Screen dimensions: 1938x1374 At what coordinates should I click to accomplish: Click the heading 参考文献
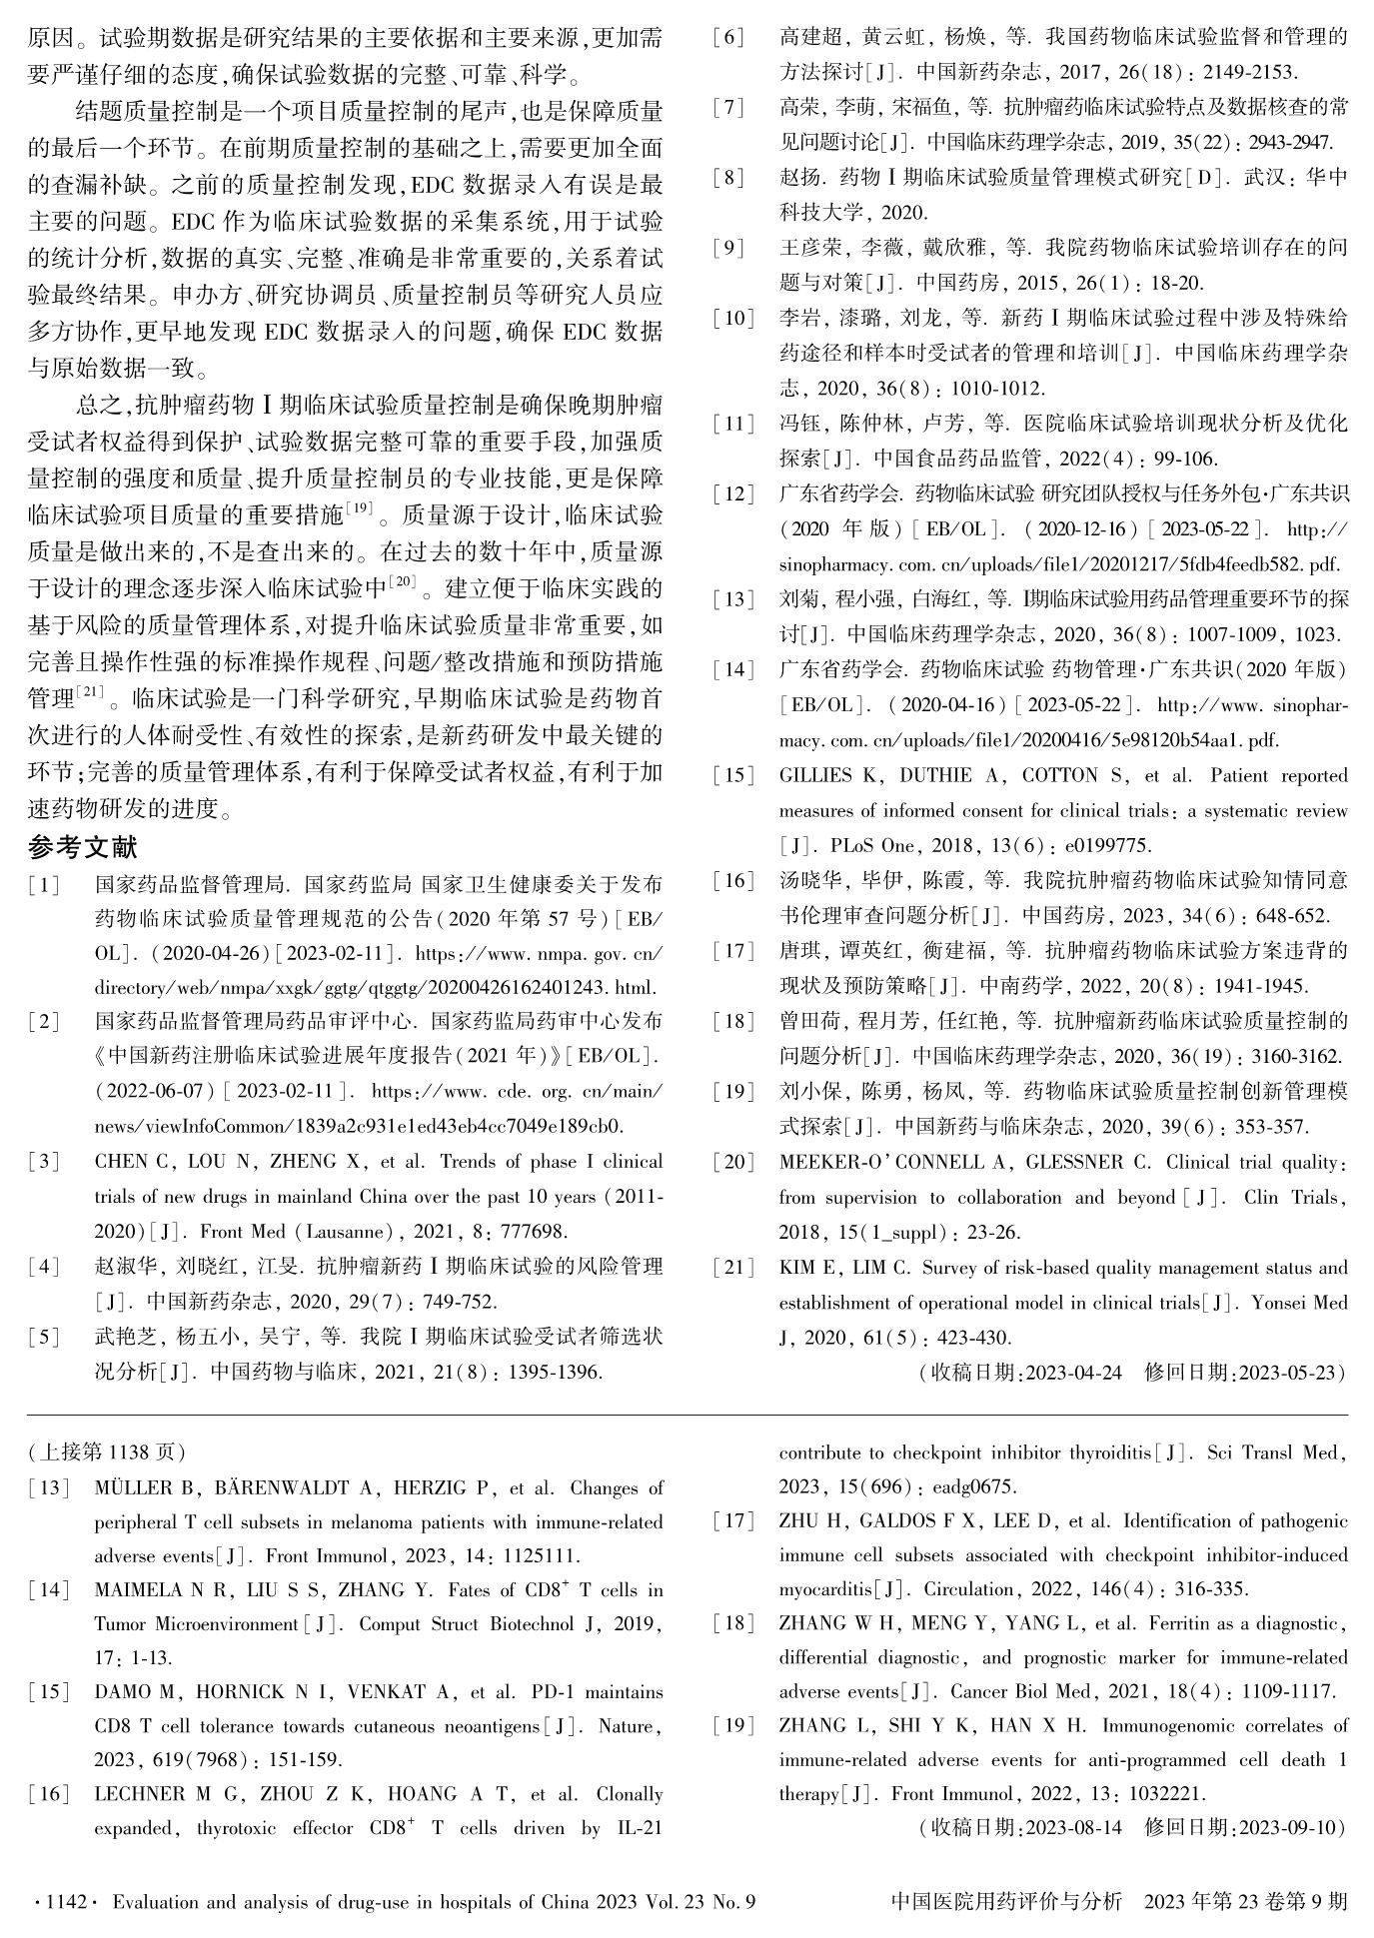tap(82, 847)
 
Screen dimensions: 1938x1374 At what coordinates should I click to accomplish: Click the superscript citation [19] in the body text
tap(359, 508)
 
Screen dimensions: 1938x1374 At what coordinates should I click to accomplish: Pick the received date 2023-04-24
tap(1074, 1373)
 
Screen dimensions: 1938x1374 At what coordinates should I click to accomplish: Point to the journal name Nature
tap(631, 1726)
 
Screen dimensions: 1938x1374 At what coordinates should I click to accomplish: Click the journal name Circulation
tap(968, 1589)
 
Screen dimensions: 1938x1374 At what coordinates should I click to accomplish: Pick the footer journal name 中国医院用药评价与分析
tap(1005, 1902)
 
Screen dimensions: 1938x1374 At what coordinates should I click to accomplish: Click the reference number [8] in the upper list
tap(728, 178)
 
